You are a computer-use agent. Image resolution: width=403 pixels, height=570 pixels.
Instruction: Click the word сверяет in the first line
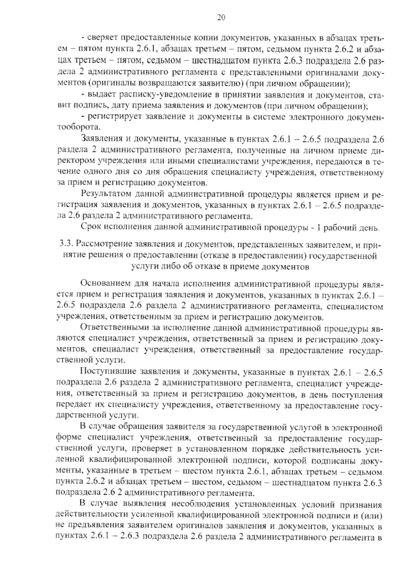tap(102, 39)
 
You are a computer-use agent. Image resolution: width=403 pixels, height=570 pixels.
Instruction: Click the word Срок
tap(91, 227)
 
